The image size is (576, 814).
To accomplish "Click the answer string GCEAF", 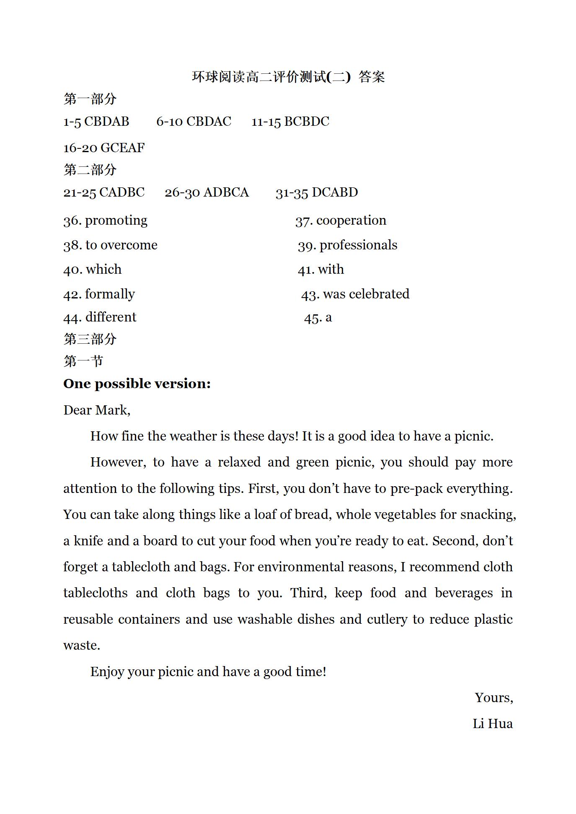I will coord(123,148).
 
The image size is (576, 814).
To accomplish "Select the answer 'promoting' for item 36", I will coord(116,220).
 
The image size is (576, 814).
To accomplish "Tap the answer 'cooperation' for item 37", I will coord(351,220).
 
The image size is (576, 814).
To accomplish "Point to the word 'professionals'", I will coord(358,245).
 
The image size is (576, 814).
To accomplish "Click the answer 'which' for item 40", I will coord(103,270).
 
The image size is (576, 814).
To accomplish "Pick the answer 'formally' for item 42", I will coord(110,294).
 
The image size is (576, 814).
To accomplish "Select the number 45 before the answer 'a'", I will coord(313,318).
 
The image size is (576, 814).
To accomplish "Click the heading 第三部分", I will coord(90,339).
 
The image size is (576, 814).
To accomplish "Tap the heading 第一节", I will coord(83,361).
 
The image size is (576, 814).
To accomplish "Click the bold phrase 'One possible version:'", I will coord(137,384).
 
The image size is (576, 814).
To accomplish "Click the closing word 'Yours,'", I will coord(494,698).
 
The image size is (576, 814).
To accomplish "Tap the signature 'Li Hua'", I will coord(493,724).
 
